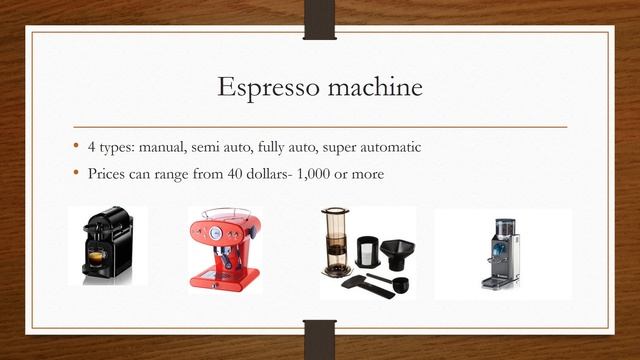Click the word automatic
[390, 148]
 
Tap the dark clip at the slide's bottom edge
[319, 339]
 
